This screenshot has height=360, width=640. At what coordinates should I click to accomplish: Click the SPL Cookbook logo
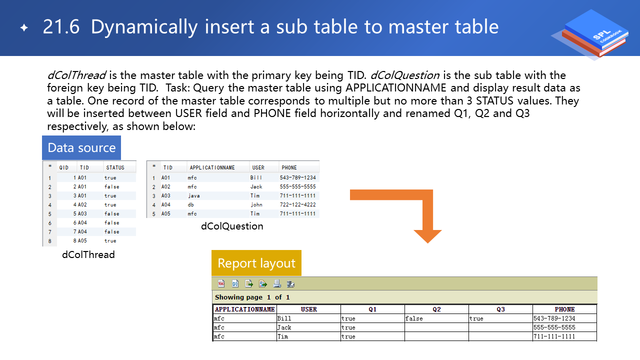[591, 34]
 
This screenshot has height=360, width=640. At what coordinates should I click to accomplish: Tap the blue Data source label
[81, 147]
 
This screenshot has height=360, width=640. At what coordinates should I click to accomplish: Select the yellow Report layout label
[256, 263]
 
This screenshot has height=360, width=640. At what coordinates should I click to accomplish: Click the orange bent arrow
[427, 200]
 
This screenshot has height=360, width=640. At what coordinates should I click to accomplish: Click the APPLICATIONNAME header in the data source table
[212, 167]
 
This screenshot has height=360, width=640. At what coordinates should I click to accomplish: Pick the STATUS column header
[115, 167]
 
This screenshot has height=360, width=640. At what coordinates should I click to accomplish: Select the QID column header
[63, 167]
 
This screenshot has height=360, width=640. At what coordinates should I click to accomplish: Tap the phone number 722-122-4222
[297, 204]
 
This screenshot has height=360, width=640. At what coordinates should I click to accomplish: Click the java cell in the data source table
[193, 195]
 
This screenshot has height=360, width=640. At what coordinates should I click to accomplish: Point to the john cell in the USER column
[256, 204]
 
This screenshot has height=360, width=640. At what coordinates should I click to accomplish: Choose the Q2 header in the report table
[436, 309]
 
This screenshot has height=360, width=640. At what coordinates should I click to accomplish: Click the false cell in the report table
[414, 318]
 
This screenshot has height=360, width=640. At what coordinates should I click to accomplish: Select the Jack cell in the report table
[284, 327]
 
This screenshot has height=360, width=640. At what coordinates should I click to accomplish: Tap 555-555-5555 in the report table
[554, 327]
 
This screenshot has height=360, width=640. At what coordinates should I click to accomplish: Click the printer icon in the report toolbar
[277, 283]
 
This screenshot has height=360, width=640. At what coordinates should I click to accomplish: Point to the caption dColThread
[88, 254]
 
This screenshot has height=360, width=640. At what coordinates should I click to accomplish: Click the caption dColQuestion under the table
[232, 226]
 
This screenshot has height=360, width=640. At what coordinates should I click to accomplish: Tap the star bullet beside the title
[24, 27]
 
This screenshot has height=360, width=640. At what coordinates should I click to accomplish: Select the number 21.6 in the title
[61, 27]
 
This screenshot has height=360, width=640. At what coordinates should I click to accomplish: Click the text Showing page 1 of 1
[252, 297]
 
